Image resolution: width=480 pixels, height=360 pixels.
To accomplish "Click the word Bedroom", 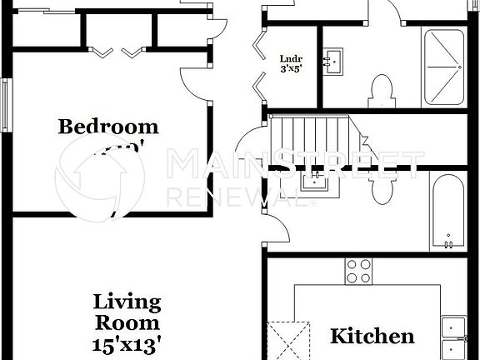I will pos(108,127).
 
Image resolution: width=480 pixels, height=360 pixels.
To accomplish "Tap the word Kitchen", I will pos(372,337).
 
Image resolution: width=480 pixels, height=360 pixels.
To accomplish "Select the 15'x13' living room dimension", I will pos(127,341).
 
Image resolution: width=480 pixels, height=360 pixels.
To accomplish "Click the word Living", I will pos(127,302).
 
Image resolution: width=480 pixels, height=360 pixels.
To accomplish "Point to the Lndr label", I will pos(291,58).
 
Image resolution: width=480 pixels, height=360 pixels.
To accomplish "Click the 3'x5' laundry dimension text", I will pos(291,69).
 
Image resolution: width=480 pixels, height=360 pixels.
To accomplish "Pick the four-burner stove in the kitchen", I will pos(359,271).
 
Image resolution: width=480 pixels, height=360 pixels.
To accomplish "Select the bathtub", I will pos(448,212).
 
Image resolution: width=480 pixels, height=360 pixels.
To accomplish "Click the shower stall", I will pos(443,67).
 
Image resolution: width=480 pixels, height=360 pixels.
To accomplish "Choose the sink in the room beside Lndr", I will pos(337,61).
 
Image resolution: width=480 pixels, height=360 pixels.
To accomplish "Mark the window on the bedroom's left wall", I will pos(7,104).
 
